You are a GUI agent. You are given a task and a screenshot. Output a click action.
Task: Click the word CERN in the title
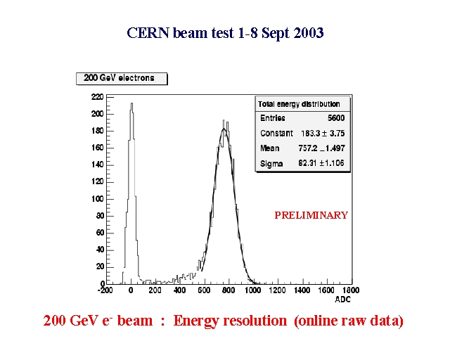(x=148, y=33)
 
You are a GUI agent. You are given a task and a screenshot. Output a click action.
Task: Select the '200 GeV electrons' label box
(x=122, y=79)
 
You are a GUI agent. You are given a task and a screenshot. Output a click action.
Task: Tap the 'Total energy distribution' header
(x=299, y=104)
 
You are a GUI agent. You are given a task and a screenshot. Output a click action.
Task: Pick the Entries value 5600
(x=336, y=118)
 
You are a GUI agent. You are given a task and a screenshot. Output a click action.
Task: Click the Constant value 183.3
(x=309, y=133)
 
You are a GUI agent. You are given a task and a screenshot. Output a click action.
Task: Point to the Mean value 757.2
(x=308, y=148)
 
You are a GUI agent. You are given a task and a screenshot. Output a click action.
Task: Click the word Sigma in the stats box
(x=271, y=164)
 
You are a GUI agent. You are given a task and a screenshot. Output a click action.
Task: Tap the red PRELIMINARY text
(x=311, y=215)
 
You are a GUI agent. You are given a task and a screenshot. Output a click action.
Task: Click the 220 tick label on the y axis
(x=97, y=97)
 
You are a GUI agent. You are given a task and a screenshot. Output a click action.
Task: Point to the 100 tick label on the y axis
(x=97, y=199)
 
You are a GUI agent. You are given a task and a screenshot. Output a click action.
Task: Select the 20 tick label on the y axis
(x=100, y=267)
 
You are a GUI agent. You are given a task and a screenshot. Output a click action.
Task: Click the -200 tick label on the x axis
(x=105, y=290)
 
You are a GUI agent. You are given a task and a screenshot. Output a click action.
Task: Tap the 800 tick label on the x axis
(x=229, y=290)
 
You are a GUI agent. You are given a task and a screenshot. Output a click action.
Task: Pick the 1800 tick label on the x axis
(x=351, y=290)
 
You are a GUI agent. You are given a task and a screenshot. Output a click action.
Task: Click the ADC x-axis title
(x=342, y=300)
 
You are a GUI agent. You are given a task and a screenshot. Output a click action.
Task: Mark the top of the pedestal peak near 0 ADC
(x=131, y=103)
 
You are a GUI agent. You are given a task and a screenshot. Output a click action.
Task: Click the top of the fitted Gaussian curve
(x=224, y=129)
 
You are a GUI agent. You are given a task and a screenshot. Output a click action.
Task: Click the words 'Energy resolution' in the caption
(x=230, y=321)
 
